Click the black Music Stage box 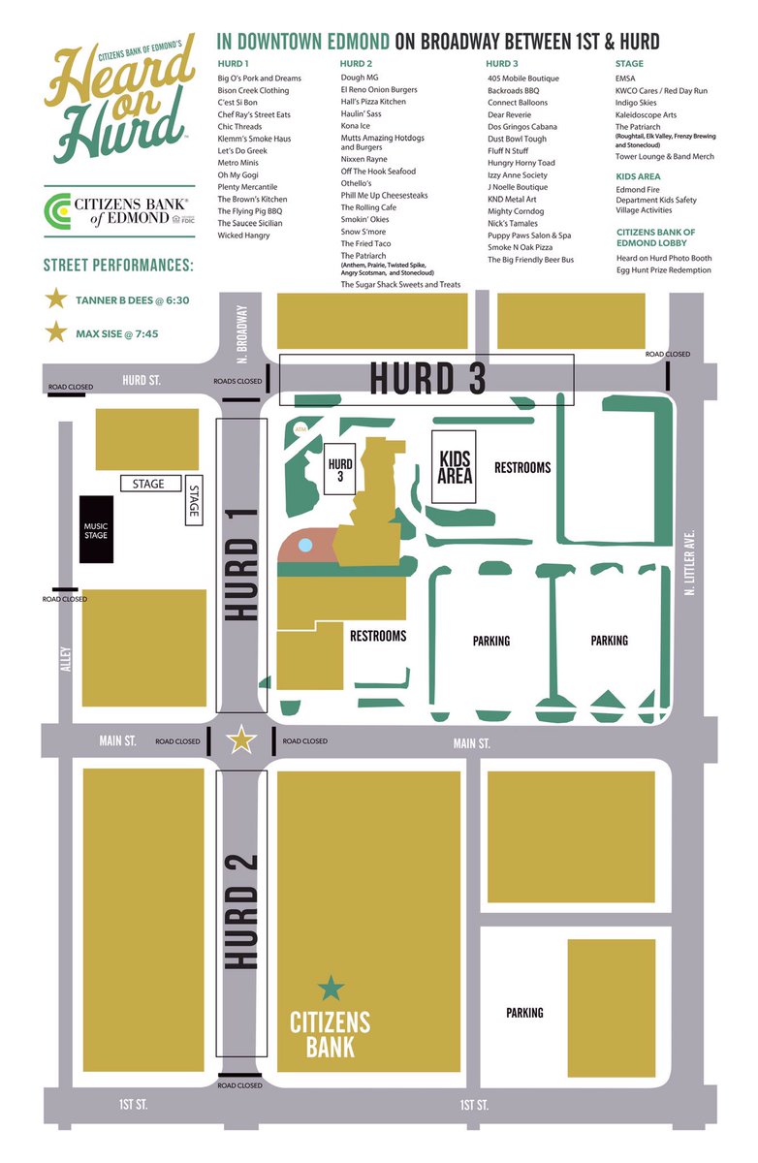click(97, 528)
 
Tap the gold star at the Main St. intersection click(240, 741)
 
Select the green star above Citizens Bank click(332, 989)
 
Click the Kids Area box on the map click(456, 466)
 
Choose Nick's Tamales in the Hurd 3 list click(513, 223)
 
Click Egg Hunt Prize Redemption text click(664, 270)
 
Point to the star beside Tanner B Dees click(57, 300)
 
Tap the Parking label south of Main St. click(524, 1013)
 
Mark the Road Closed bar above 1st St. click(240, 1075)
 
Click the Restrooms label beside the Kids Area click(522, 467)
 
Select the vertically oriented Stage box click(193, 502)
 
